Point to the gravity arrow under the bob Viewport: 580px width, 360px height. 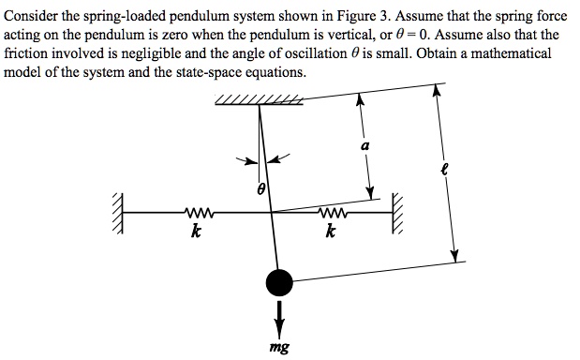(x=278, y=314)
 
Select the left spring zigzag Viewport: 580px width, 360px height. (x=201, y=213)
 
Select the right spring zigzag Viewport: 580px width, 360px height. (x=333, y=213)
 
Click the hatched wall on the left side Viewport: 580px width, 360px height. (x=118, y=214)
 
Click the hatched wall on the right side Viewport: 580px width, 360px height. (x=397, y=214)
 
